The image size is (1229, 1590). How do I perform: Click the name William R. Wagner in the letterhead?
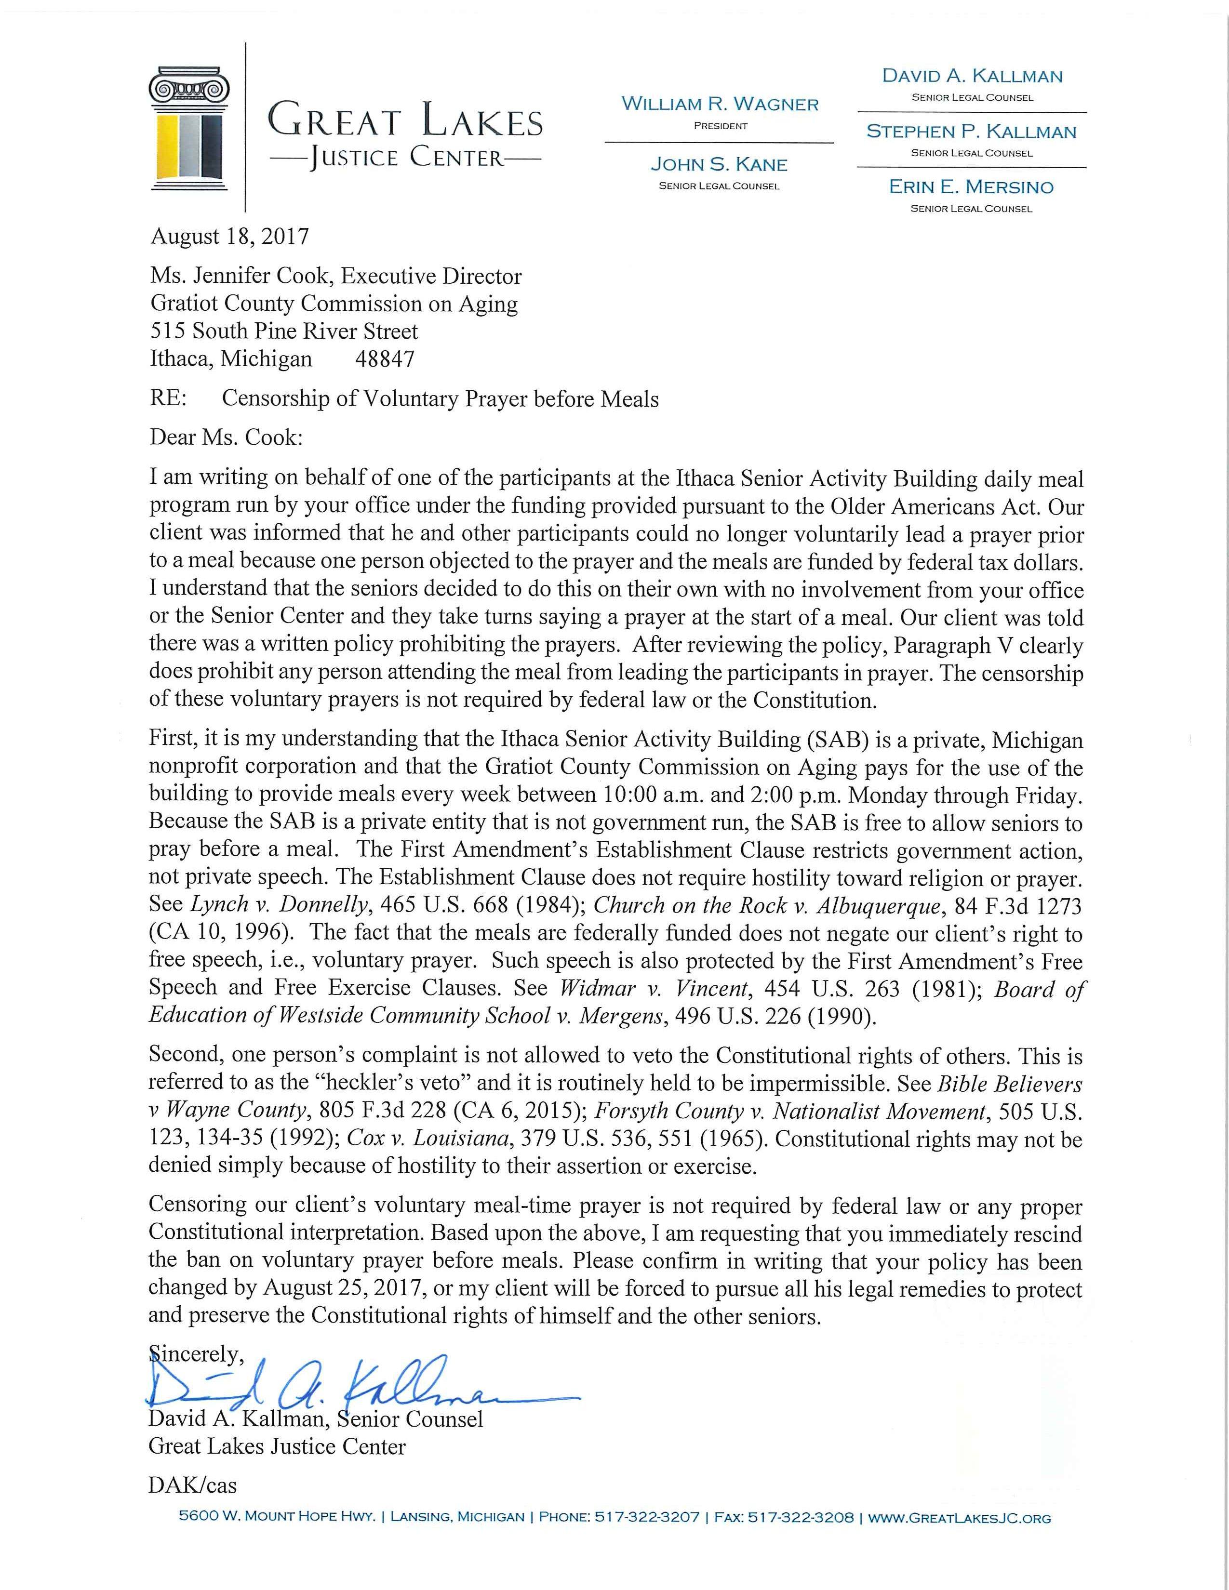click(720, 104)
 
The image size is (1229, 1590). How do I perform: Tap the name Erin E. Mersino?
click(971, 187)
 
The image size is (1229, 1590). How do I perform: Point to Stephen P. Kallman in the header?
click(971, 132)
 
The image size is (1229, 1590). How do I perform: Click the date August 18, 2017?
click(229, 237)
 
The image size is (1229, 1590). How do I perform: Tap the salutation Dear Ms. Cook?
click(225, 437)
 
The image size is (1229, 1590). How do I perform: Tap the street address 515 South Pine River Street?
click(284, 331)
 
